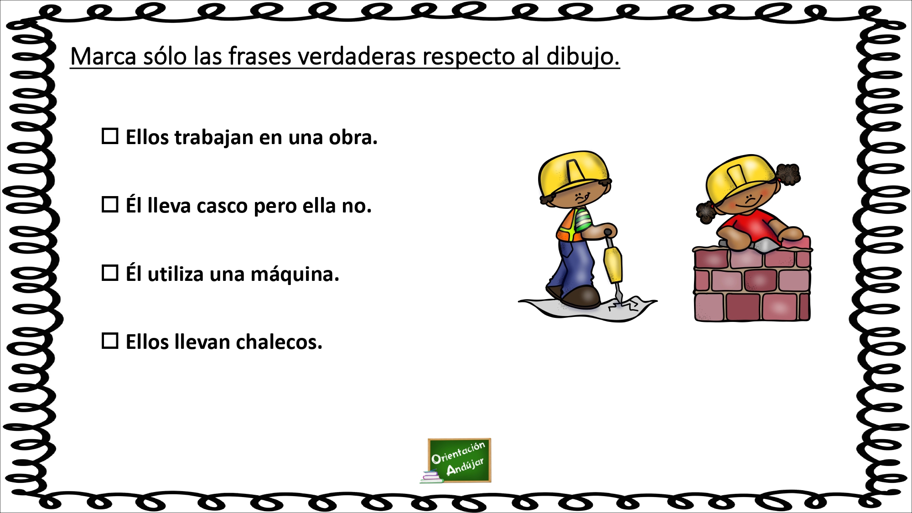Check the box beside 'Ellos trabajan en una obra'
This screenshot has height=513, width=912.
click(x=110, y=136)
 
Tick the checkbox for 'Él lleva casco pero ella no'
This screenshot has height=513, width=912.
click(x=110, y=205)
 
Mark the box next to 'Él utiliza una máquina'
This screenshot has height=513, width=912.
click(x=110, y=273)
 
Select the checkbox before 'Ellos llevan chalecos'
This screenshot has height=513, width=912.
click(x=110, y=341)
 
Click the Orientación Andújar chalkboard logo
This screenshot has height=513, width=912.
click(x=460, y=460)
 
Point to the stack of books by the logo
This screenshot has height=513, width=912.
click(x=431, y=477)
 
